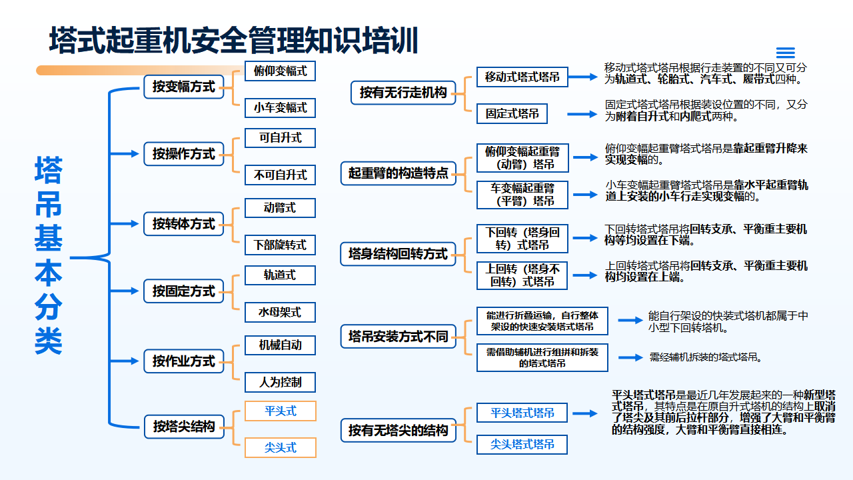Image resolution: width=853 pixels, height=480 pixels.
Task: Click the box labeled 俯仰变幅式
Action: click(280, 71)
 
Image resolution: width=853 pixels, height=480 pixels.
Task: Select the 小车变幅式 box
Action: click(280, 108)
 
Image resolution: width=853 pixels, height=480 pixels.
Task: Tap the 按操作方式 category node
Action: click(183, 154)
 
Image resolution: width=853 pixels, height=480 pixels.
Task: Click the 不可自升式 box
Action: click(280, 175)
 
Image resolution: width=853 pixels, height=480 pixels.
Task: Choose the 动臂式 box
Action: click(280, 208)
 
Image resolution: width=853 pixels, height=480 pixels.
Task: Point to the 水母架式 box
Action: click(280, 313)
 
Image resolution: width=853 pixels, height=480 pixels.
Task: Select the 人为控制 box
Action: click(280, 382)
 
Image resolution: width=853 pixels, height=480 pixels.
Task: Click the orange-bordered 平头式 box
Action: click(281, 411)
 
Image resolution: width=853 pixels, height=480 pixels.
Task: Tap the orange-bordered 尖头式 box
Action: click(281, 447)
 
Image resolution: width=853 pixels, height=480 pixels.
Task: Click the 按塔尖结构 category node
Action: click(184, 427)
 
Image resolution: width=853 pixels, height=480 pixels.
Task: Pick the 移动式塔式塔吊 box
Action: click(522, 77)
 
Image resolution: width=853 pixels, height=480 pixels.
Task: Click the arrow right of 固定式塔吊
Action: click(582, 114)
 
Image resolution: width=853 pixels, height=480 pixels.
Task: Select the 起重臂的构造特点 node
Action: click(399, 173)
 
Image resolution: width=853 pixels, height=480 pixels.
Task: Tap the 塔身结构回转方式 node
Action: click(398, 254)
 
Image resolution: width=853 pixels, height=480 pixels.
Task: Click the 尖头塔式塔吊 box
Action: click(522, 445)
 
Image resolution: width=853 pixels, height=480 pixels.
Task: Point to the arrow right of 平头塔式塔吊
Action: click(585, 413)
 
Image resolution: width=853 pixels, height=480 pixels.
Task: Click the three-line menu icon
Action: click(786, 53)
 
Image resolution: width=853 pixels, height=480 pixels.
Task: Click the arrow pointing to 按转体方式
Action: click(124, 223)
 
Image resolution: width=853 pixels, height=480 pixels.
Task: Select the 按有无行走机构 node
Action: click(403, 93)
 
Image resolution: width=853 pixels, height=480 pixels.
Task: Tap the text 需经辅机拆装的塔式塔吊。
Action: click(706, 357)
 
